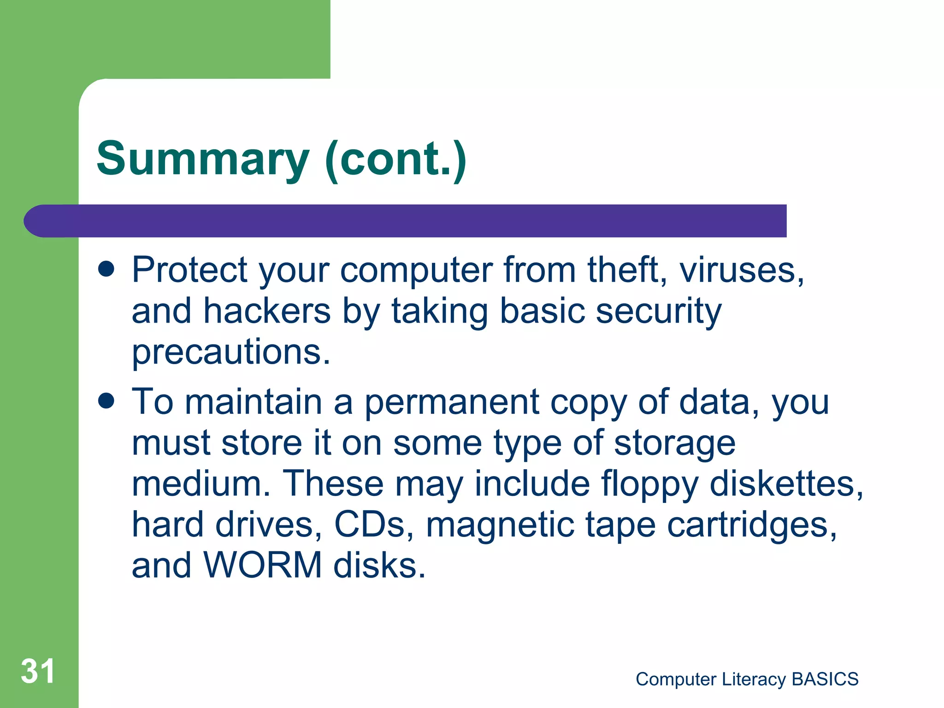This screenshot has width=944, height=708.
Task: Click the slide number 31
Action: click(38, 671)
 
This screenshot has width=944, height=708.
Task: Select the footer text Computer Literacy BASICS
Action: click(747, 679)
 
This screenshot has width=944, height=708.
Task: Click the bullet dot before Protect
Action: click(106, 269)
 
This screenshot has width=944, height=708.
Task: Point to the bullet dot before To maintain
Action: click(106, 401)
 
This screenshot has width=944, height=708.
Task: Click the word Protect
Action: click(189, 270)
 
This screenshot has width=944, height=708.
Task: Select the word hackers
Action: click(267, 311)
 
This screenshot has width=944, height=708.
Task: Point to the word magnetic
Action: click(500, 525)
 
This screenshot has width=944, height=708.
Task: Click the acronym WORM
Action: click(262, 566)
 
